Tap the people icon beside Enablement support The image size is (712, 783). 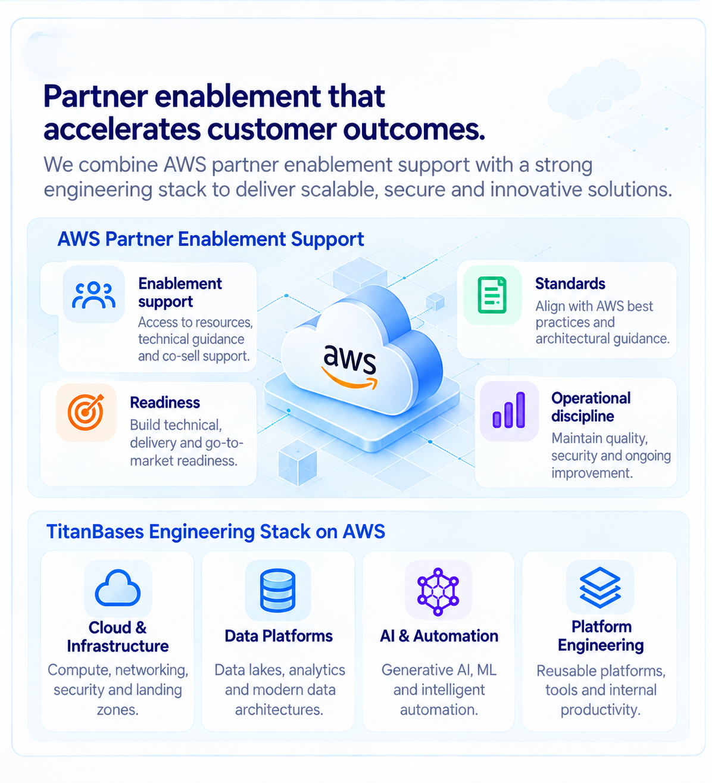(x=93, y=295)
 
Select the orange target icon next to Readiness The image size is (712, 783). (x=86, y=412)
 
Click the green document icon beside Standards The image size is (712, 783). (x=492, y=295)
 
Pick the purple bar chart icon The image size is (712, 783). (x=509, y=410)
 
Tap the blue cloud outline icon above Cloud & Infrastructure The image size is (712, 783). (x=117, y=588)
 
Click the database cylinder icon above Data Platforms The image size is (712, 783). (x=277, y=590)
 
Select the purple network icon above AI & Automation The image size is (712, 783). (x=438, y=592)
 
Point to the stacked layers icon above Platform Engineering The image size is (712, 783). (x=600, y=588)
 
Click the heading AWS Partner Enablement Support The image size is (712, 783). (x=211, y=239)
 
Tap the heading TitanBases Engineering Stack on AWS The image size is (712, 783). (x=216, y=532)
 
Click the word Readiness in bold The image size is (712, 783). (x=165, y=403)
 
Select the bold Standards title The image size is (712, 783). (x=570, y=284)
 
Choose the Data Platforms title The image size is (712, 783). (x=279, y=636)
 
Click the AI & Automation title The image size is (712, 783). (x=439, y=636)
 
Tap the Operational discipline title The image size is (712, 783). (x=591, y=407)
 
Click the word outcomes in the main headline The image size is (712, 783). (x=414, y=130)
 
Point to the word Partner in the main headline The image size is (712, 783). (x=96, y=96)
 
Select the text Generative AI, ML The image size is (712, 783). (x=439, y=670)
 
